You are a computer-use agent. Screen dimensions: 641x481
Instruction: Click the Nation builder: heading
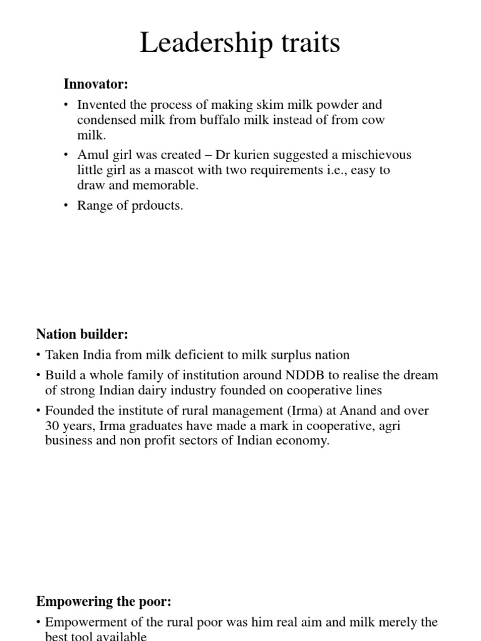(x=82, y=334)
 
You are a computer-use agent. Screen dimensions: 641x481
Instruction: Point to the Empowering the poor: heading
(x=104, y=602)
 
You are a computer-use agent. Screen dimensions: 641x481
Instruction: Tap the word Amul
(x=91, y=155)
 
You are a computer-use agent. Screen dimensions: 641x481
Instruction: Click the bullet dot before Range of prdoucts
(x=66, y=207)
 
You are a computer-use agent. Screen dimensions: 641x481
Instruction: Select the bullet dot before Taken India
(x=39, y=356)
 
